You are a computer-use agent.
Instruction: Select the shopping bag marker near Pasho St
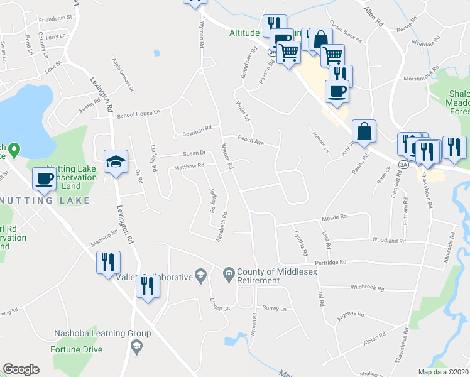[x=364, y=132]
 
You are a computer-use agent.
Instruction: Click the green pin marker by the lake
[x=14, y=150]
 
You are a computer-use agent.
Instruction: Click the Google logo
[x=21, y=369]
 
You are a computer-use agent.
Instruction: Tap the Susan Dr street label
[x=194, y=153]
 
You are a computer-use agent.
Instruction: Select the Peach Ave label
[x=249, y=140]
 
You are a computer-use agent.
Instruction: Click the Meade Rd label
[x=334, y=217]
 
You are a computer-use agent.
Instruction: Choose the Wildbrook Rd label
[x=368, y=288]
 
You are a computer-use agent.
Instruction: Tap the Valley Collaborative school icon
[x=200, y=274]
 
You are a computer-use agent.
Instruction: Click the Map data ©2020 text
[x=443, y=372]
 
